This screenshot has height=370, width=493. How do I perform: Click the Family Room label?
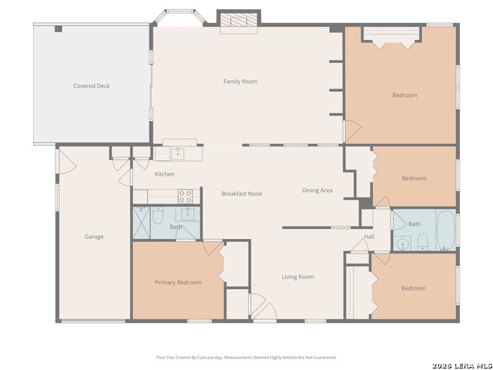(x=240, y=82)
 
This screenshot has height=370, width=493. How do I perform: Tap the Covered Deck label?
(x=92, y=86)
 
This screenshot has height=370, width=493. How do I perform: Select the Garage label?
(x=94, y=237)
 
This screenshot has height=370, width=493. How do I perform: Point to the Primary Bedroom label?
(x=178, y=283)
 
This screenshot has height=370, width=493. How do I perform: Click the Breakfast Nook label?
(x=242, y=193)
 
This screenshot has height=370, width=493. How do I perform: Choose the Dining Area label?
(x=317, y=190)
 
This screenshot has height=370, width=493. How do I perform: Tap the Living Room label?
(x=298, y=277)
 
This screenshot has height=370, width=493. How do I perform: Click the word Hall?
(x=369, y=237)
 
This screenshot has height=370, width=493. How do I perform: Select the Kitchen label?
(x=164, y=174)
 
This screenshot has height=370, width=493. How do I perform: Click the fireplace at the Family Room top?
(x=239, y=21)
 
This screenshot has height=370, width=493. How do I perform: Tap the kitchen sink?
(x=178, y=153)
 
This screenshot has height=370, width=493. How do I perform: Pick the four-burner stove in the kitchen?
(x=186, y=197)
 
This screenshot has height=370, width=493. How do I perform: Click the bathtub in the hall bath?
(x=446, y=230)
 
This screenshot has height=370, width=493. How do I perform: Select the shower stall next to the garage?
(x=142, y=223)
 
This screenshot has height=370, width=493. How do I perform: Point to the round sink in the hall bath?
(x=402, y=244)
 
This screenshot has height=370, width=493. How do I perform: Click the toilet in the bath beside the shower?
(x=158, y=216)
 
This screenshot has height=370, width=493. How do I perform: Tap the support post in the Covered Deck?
(x=59, y=29)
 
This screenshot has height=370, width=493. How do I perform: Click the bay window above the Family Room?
(x=179, y=16)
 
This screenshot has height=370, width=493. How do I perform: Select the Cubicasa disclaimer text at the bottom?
(x=246, y=358)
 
